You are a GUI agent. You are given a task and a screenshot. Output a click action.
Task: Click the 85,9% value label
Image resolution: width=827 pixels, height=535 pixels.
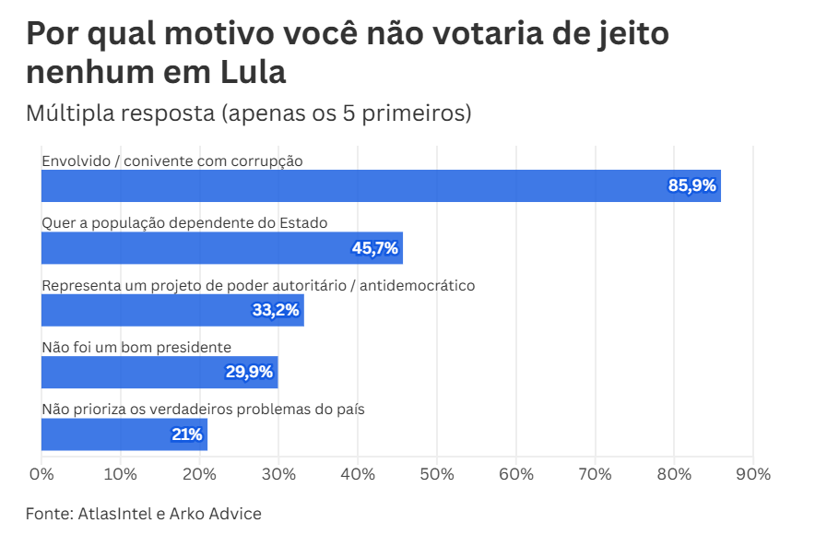point(691,186)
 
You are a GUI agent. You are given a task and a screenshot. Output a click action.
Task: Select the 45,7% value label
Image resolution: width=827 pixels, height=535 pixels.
point(374,248)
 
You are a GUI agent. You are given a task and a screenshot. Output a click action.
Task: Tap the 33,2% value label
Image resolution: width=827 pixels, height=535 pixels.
point(276,311)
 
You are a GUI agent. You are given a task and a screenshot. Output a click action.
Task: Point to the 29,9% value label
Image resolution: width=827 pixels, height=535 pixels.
point(249,373)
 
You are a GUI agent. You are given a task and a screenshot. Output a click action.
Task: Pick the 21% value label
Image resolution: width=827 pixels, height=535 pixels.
point(186,434)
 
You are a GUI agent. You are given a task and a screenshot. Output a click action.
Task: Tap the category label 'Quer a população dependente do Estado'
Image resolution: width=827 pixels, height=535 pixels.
point(185,223)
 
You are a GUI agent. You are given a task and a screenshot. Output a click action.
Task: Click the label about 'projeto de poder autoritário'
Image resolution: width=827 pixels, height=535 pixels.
point(258,285)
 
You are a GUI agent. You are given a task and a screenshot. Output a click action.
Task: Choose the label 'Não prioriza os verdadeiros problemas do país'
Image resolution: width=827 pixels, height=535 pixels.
point(204,410)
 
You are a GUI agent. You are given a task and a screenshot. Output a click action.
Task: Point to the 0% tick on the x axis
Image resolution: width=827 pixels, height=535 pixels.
point(41,475)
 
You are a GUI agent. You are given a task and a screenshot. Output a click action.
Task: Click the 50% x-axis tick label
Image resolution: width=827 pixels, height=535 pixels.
point(437,475)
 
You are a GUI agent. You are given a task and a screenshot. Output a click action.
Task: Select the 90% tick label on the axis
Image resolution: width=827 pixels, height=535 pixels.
point(753,475)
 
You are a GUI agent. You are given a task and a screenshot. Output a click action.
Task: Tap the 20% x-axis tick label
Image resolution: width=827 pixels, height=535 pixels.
point(200,475)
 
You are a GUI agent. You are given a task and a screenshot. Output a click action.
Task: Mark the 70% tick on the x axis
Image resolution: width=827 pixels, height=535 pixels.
point(595,475)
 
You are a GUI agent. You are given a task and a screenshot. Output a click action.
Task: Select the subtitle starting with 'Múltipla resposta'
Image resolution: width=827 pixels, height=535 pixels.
point(249,113)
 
